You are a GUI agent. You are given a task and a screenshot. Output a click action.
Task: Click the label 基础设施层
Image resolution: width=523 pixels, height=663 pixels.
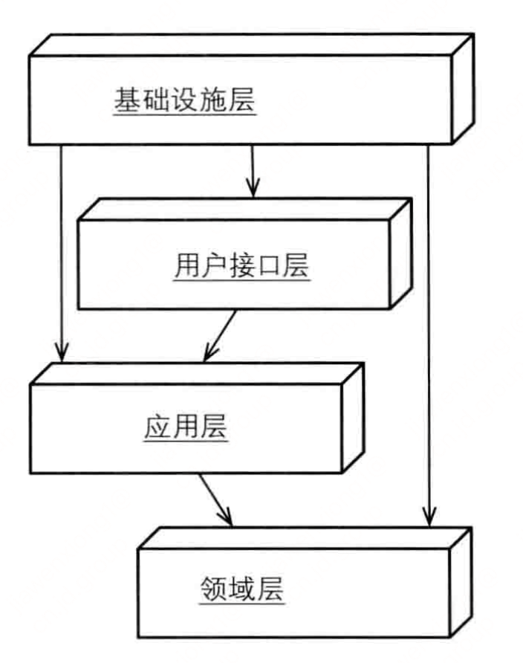pos(184,100)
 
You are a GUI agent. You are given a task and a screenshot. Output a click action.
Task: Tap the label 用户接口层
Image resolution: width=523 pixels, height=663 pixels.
pos(242,265)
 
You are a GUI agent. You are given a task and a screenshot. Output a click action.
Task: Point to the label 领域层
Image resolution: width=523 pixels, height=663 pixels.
pos(243,592)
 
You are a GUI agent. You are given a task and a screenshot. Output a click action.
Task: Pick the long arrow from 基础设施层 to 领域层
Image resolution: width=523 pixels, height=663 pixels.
pos(428,327)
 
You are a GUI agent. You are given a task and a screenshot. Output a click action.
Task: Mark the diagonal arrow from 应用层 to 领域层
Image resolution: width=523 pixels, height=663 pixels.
pos(215,499)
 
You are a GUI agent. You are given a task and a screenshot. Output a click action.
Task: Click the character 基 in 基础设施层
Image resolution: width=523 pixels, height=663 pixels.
pos(125,100)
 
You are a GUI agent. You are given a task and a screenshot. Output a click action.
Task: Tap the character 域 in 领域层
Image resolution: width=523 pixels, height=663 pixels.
pos(243,592)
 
